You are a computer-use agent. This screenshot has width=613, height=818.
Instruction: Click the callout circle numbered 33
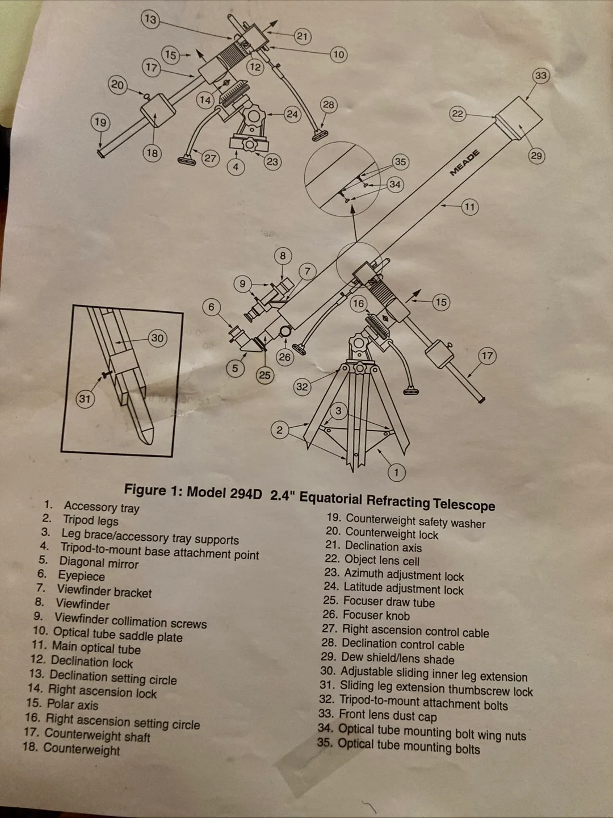[541, 76]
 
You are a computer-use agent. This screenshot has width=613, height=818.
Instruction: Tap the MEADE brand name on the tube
[465, 162]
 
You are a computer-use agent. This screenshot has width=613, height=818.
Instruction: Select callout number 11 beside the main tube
[469, 207]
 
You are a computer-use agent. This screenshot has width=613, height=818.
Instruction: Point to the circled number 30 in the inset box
[157, 338]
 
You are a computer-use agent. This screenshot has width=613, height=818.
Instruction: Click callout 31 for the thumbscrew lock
[85, 399]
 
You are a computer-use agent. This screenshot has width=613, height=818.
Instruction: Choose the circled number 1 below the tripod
[396, 472]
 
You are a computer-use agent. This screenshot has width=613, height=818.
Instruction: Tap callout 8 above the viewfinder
[283, 256]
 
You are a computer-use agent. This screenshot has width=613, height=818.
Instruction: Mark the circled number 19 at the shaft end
[100, 122]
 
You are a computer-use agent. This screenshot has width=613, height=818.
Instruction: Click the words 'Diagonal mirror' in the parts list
[99, 563]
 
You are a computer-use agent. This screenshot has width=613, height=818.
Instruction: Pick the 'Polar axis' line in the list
[72, 704]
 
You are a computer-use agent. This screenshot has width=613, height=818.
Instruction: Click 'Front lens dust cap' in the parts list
[387, 716]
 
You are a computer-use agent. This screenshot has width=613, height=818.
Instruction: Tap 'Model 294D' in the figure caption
[224, 493]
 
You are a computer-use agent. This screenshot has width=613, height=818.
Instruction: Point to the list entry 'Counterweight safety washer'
[415, 521]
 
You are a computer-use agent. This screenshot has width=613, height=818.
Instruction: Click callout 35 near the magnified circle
[400, 162]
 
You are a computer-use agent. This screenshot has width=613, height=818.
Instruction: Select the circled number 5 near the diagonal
[235, 368]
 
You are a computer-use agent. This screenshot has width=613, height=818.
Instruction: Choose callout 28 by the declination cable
[328, 105]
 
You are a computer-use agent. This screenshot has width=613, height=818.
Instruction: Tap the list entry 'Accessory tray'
[101, 507]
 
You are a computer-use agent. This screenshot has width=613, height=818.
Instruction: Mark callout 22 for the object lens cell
[457, 114]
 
